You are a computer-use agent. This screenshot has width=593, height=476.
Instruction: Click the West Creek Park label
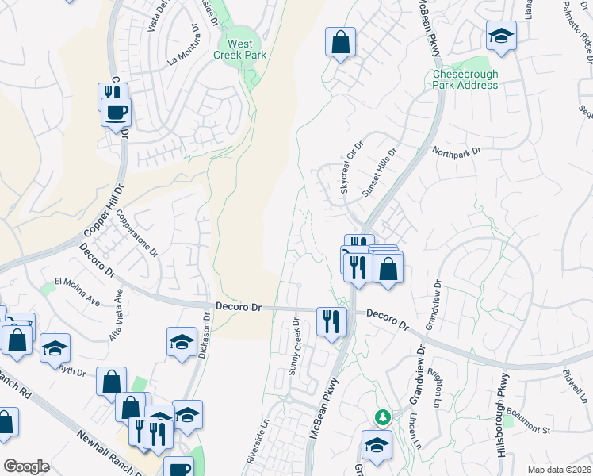point(239,49)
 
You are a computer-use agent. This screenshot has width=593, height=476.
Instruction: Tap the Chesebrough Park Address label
point(465,79)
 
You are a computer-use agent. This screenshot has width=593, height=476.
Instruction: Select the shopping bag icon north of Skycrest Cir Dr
point(340,43)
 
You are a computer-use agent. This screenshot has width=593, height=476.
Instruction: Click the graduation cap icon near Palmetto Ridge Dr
point(501,36)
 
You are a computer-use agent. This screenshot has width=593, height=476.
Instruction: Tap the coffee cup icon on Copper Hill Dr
point(117,112)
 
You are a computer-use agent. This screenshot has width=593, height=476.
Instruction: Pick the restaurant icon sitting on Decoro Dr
point(331,321)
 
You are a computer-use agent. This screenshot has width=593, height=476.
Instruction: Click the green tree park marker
point(383,416)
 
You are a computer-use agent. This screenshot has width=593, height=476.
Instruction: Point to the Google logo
point(26,466)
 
